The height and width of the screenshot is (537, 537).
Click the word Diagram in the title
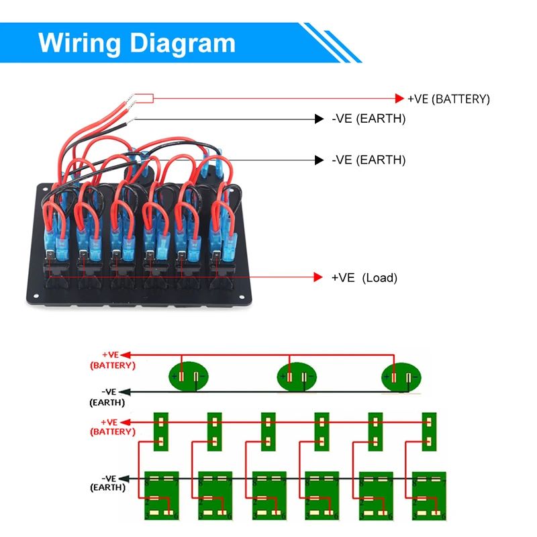[x=182, y=42]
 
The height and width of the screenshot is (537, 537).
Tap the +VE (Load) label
[x=364, y=278]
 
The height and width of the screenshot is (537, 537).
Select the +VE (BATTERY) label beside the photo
[x=448, y=99]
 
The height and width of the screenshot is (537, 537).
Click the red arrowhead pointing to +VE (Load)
[x=319, y=277]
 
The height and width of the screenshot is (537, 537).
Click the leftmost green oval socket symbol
[x=188, y=377]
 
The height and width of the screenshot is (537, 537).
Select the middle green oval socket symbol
[x=296, y=377]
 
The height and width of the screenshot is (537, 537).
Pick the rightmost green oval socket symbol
[x=401, y=377]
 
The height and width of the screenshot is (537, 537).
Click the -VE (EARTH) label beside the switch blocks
[x=107, y=483]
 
